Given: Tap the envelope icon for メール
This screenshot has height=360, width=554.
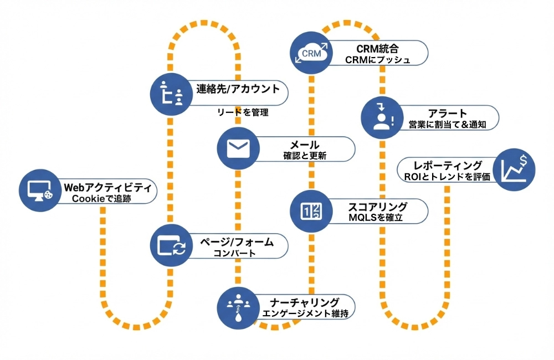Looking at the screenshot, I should click(x=239, y=147).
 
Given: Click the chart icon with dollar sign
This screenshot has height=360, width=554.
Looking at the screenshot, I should click(x=514, y=169).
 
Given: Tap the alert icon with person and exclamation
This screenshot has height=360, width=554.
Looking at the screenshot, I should click(x=382, y=117).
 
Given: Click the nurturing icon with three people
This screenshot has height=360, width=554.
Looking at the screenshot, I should click(x=239, y=306).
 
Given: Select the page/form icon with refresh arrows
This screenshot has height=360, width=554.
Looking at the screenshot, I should click(x=172, y=245).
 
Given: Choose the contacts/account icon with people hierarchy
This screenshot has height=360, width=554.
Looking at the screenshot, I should click(x=172, y=93).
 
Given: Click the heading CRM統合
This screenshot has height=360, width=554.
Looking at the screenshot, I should click(x=378, y=48).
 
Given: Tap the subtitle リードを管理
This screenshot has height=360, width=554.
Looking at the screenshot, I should click(x=243, y=112).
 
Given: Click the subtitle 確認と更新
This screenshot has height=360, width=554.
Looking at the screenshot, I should click(x=304, y=156).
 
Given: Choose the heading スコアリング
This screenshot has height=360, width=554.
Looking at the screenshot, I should click(x=378, y=207).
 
